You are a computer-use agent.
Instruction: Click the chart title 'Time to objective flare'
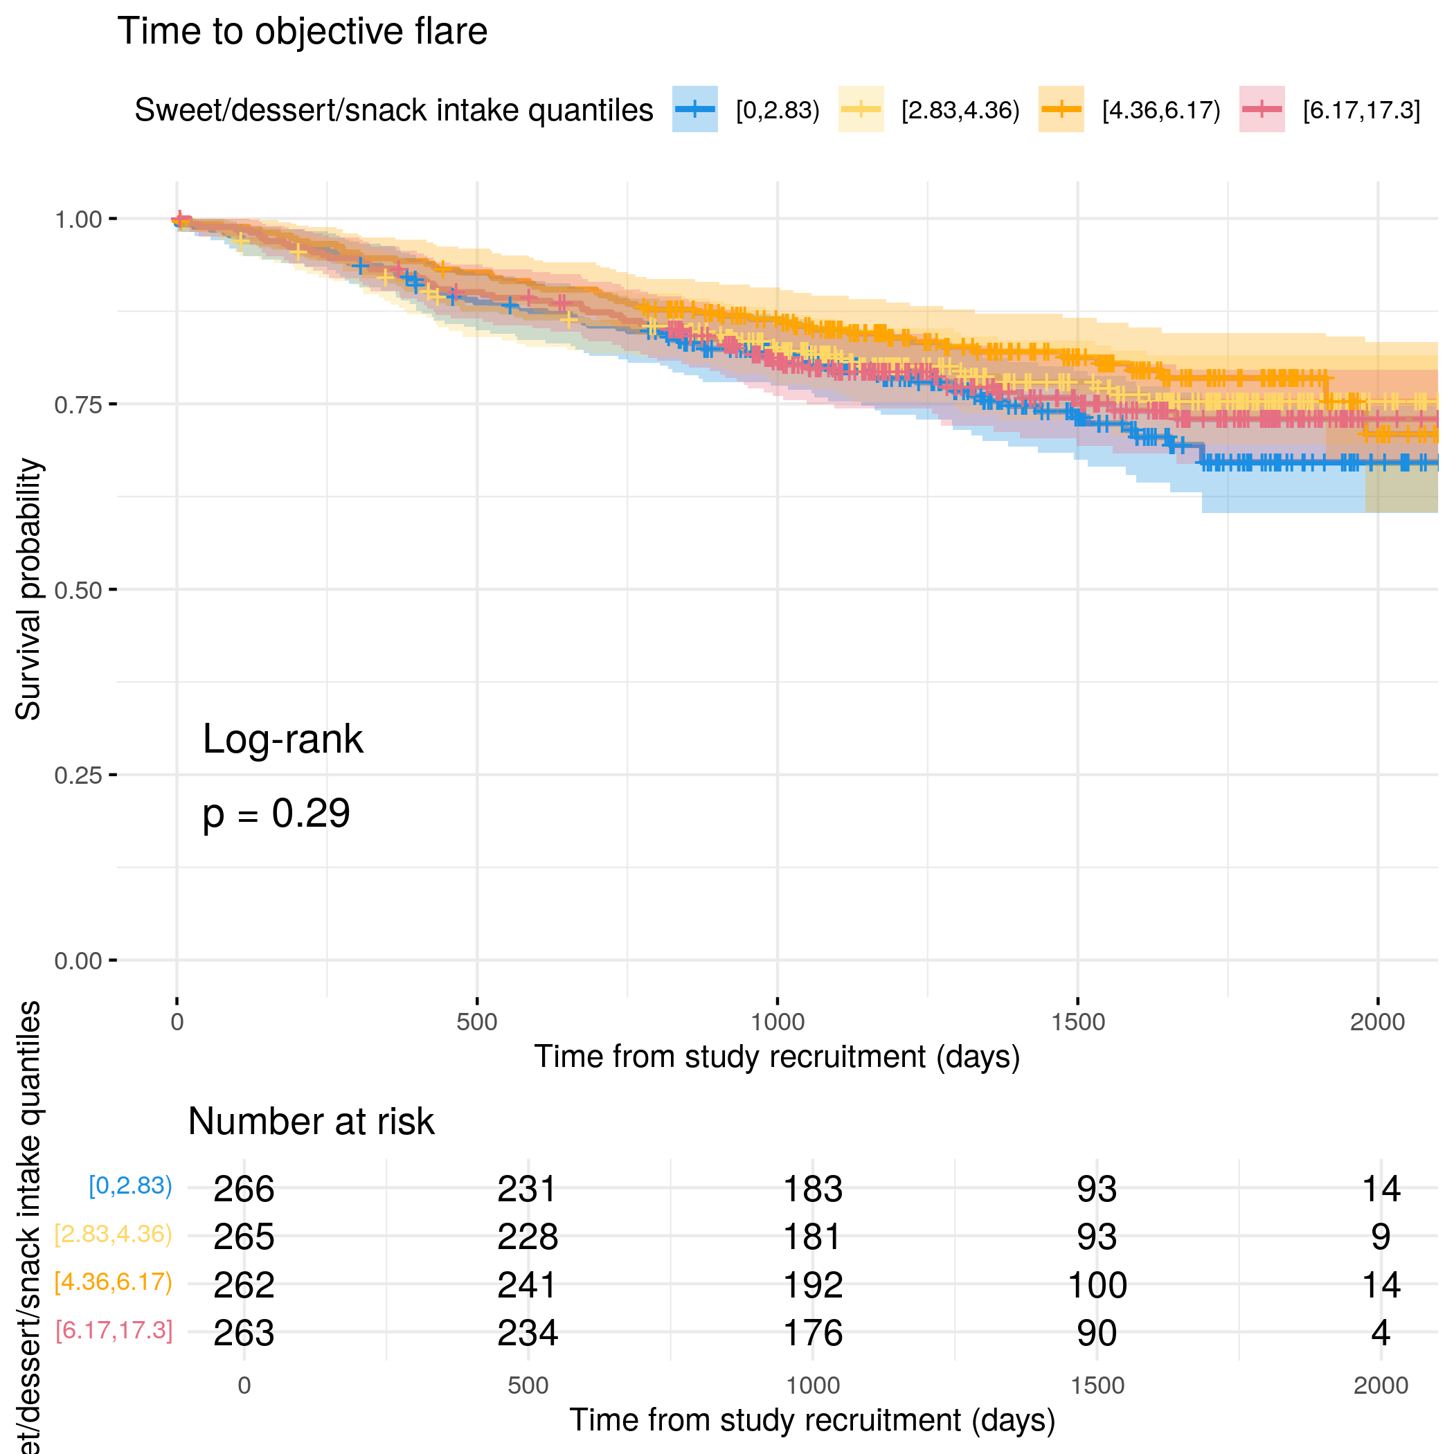[x=302, y=32]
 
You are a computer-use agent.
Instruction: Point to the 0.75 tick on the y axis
[x=78, y=405]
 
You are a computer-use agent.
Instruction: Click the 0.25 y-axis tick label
[x=78, y=775]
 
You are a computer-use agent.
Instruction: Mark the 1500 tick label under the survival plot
[x=1078, y=1022]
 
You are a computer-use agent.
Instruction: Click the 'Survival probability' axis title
[x=28, y=589]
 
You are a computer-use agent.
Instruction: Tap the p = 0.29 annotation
[x=276, y=814]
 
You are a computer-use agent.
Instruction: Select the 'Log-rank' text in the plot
[x=282, y=739]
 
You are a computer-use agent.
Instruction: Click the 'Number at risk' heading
[x=311, y=1122]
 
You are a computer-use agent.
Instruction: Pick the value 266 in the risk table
[x=244, y=1189]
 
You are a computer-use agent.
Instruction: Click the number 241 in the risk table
[x=528, y=1284]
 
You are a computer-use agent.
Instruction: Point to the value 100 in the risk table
[x=1097, y=1284]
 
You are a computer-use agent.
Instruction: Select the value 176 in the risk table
[x=812, y=1333]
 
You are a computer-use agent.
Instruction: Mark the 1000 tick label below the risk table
[x=812, y=1385]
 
